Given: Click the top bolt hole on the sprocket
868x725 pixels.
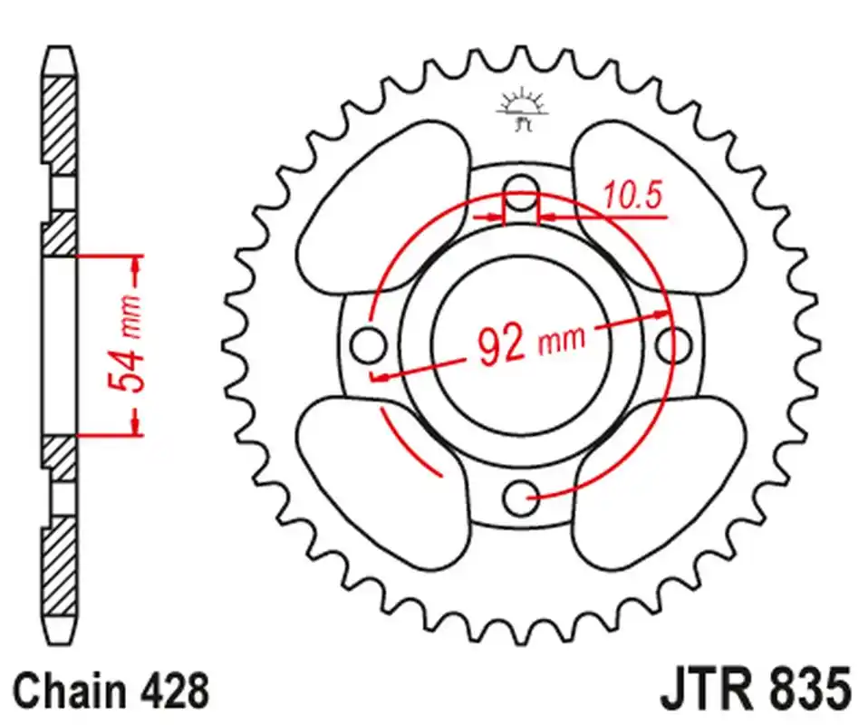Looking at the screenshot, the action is pos(521,192).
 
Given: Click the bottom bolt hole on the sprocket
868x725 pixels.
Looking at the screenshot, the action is pos(521,497).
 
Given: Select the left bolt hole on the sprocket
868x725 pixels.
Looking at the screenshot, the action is pos(368,345).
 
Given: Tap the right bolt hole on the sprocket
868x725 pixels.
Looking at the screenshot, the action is pos(674,344).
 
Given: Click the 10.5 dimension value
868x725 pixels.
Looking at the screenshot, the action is pos(632,196).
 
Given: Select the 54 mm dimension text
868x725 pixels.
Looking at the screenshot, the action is pos(125,343).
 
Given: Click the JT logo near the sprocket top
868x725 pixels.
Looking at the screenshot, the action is pos(522,111).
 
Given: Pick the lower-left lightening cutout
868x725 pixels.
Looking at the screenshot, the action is pos(383,483).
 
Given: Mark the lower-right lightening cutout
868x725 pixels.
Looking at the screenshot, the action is pos(659,483).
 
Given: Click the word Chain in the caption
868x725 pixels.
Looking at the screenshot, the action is pos(70,691).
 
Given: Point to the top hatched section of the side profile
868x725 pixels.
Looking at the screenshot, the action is pos(59,126).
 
